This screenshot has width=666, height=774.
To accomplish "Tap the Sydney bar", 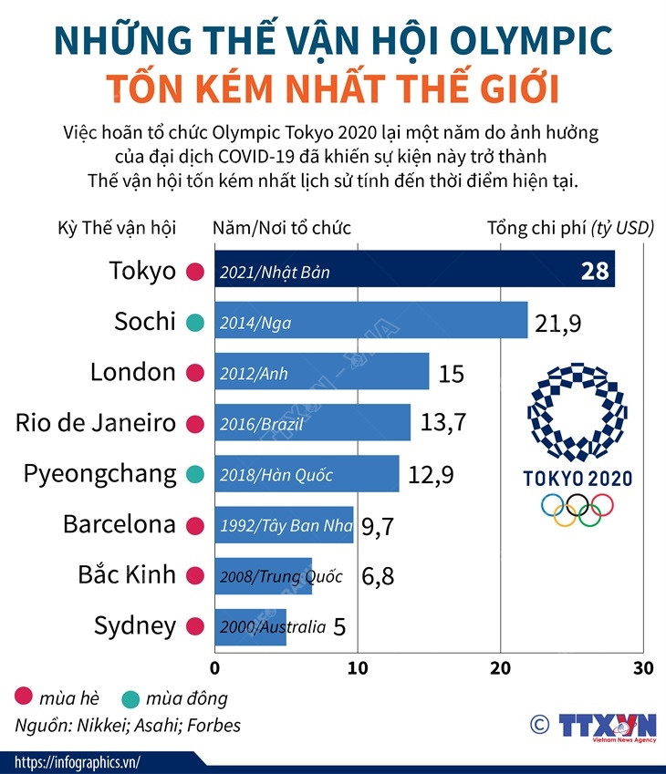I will (251, 627).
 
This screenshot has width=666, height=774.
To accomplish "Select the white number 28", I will (594, 271).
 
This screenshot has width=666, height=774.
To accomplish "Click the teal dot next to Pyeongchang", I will (193, 475).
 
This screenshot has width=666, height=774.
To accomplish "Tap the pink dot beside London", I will (193, 373).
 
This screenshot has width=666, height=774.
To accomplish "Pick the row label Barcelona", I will (119, 525).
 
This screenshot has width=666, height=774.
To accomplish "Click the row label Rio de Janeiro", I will (96, 423).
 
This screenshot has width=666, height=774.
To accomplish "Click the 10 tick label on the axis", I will (358, 668).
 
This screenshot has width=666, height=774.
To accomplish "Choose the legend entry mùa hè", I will (65, 699).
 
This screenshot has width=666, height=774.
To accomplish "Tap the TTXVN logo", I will (607, 726).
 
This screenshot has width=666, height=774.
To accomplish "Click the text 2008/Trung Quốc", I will (281, 576).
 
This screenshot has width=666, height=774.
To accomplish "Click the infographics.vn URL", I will (78, 762).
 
